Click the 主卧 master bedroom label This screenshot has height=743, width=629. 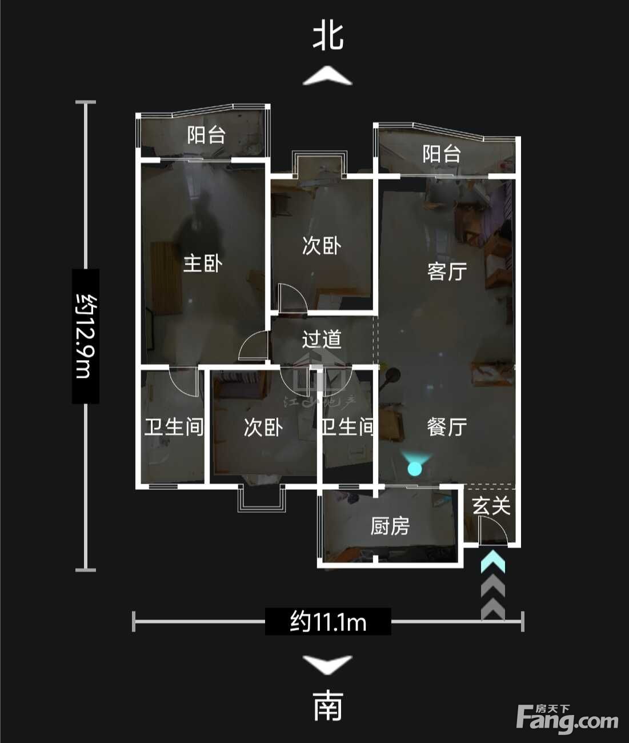click(203, 263)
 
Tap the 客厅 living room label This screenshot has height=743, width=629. click(447, 271)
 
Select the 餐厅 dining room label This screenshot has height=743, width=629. click(447, 427)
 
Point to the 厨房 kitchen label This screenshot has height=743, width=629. click(390, 526)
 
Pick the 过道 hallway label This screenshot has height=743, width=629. click(322, 339)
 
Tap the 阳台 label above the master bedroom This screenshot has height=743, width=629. click(206, 135)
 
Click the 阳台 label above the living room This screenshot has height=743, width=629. click(442, 154)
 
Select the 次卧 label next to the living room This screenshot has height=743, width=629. click(322, 246)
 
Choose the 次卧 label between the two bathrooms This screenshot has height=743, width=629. click(263, 428)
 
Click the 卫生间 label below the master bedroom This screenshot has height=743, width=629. click(174, 427)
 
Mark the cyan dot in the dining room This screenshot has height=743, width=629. click(415, 468)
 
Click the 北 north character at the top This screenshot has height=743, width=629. click(328, 37)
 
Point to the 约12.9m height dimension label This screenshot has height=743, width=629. click(86, 336)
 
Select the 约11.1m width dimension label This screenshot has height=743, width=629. click(328, 621)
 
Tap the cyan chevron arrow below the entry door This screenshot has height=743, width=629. click(493, 561)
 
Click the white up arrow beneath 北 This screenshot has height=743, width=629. click(327, 75)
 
